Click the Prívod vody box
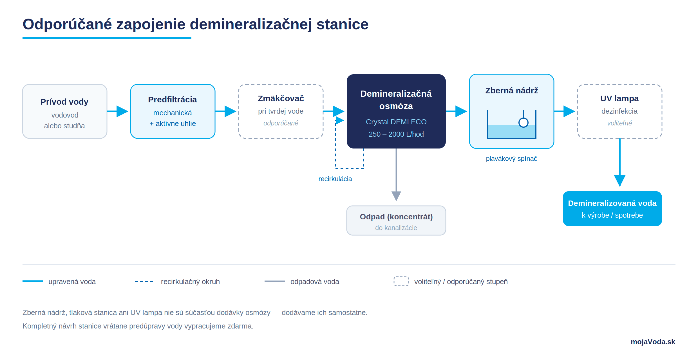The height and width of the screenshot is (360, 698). coord(65,111)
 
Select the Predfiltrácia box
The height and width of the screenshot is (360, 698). coord(173,111)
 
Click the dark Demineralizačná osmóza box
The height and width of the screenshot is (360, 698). coord(396,111)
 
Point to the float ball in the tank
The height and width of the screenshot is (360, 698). coord(523,122)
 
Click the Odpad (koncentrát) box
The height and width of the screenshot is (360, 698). coord(396,220)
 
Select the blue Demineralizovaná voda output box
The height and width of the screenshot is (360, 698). coord(612,209)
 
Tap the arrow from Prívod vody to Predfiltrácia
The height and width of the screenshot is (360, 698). coord(118,111)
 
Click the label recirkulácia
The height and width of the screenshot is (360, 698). coord(335,179)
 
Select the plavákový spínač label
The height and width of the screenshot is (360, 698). coord(512,159)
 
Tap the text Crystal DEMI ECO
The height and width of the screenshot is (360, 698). coord(396,122)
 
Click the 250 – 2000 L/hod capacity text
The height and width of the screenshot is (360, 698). coord(396,134)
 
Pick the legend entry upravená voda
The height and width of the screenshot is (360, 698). coord(72,282)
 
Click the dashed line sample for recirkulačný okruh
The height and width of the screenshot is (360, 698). coord(144,281)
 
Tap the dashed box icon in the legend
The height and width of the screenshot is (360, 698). coord(401,281)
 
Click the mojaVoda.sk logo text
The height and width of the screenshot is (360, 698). coord(653,342)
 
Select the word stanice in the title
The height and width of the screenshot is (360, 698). coord(343,24)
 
